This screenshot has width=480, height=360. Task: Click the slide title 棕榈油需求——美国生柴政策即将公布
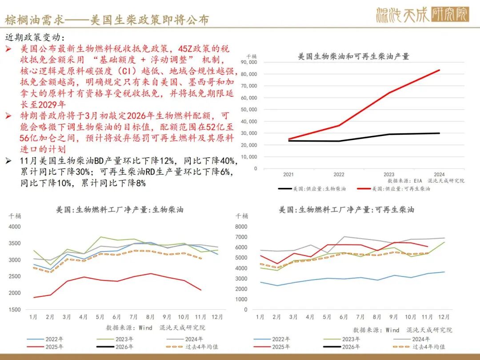click(107, 20)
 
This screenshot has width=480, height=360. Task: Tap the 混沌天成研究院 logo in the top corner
click(422, 15)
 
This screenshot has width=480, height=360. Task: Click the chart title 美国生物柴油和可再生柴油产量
click(353, 56)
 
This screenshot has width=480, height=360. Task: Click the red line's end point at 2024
click(440, 70)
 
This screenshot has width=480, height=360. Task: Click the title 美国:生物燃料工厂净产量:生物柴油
click(120, 209)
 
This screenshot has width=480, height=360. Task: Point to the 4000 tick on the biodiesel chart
click(15, 227)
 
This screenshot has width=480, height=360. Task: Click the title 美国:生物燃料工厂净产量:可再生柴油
click(346, 209)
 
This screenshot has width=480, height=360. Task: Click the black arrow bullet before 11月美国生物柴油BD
click(8, 161)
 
